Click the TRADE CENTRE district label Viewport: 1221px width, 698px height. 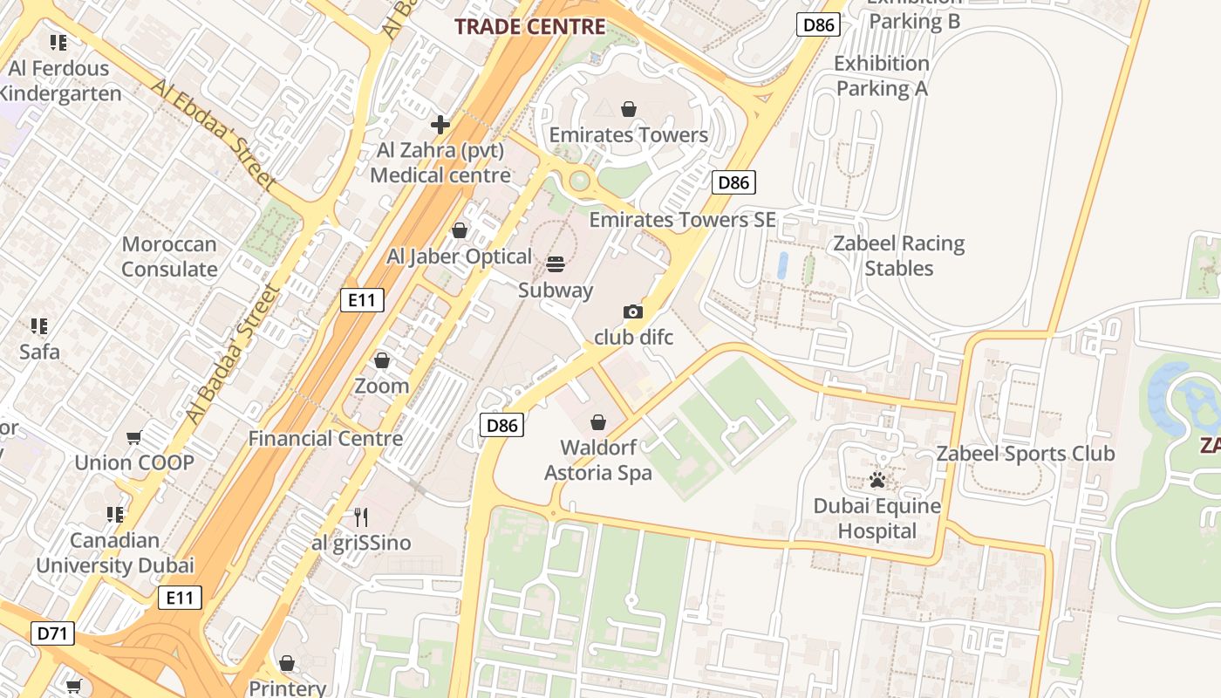point(529,26)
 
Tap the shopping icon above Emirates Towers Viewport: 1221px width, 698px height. point(628,109)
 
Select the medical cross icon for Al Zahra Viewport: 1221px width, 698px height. point(440,125)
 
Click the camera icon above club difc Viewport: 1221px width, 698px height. point(633,311)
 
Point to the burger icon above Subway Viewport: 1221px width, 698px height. point(556,264)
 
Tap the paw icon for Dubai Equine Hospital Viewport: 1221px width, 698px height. point(877,481)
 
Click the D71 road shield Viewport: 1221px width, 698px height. point(52,633)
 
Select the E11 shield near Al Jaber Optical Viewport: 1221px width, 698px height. point(362,301)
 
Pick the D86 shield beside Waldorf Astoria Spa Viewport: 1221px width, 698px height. point(502,426)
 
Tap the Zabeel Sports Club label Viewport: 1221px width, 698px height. point(1025,454)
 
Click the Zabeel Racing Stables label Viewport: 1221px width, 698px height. point(898,256)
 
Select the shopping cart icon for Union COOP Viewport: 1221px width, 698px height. point(133,437)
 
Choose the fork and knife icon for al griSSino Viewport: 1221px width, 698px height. point(361,517)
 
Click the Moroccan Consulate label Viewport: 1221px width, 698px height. point(169,257)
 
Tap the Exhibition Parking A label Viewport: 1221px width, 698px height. point(881,76)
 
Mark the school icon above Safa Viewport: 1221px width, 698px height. point(39,326)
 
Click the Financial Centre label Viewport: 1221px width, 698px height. point(325,439)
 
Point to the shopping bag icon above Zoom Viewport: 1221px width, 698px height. point(381,360)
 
